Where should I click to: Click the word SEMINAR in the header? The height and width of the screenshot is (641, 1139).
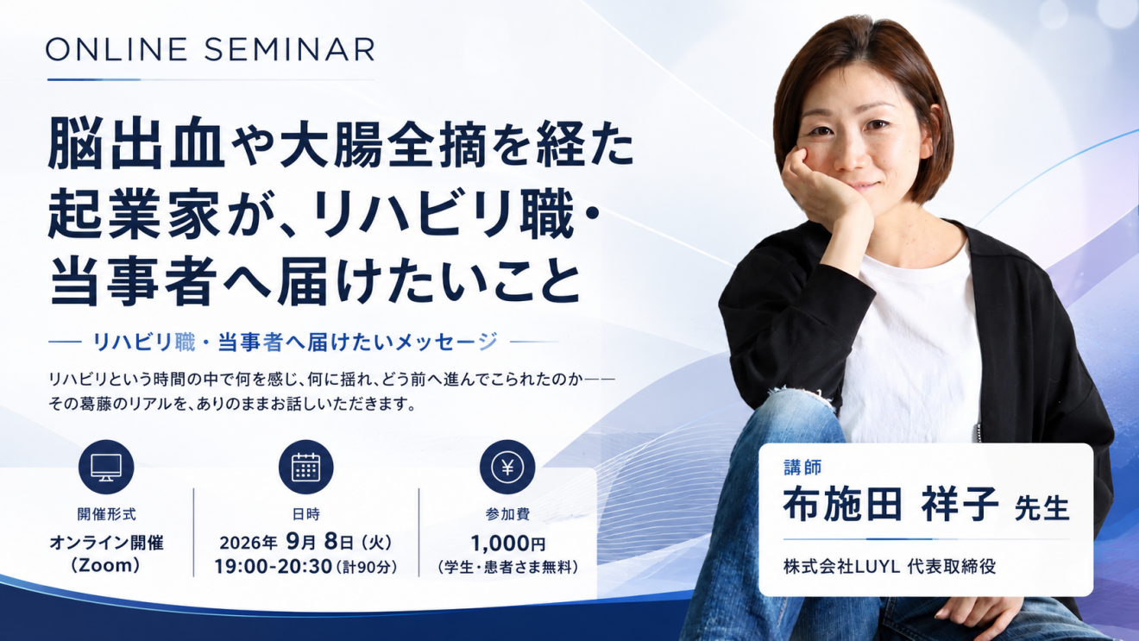click(289, 49)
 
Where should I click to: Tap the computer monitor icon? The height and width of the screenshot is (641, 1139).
click(106, 467)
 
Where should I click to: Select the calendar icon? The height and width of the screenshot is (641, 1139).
click(306, 467)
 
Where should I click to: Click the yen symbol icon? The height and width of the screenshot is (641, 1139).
click(507, 467)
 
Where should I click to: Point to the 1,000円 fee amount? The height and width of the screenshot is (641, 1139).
click(508, 544)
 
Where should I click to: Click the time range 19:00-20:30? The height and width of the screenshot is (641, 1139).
click(273, 566)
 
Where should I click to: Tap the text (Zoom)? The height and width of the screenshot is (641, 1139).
click(106, 565)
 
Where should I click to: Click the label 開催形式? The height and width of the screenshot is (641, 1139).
click(106, 514)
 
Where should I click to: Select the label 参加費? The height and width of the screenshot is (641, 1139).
click(507, 514)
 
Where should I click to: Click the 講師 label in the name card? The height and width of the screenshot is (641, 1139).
click(802, 467)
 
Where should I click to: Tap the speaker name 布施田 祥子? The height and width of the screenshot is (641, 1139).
click(890, 505)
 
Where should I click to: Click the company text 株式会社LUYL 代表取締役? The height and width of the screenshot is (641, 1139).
click(890, 566)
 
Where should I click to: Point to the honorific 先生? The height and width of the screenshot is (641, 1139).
click(1041, 508)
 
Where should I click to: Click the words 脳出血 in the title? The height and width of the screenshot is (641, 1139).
click(136, 144)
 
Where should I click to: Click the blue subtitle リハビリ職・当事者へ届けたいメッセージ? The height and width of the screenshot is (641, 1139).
click(295, 342)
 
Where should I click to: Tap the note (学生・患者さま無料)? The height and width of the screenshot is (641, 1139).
click(508, 567)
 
